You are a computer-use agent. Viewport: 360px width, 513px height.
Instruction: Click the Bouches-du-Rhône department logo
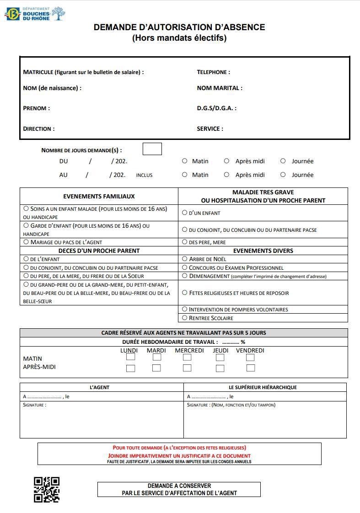point(35,14)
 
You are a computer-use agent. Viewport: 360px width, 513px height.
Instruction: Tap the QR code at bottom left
point(47,489)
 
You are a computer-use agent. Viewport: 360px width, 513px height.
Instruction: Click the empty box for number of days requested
point(152,149)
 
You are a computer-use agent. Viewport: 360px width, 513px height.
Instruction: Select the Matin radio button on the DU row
point(185,161)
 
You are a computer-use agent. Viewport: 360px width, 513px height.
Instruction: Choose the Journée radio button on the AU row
point(283,175)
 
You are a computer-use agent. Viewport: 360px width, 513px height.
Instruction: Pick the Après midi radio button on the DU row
point(226,161)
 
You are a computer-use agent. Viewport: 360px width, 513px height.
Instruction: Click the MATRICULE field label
point(83,72)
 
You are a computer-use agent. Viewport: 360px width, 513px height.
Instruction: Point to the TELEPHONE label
point(213,72)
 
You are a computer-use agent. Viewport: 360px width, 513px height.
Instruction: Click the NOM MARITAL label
point(220,88)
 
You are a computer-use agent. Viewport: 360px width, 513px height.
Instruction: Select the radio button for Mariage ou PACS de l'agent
point(26,242)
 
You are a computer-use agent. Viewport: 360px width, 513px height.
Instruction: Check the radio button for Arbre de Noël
point(185,259)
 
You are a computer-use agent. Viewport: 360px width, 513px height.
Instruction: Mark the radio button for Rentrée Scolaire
point(185,318)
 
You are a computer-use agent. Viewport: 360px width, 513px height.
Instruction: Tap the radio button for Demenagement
point(185,276)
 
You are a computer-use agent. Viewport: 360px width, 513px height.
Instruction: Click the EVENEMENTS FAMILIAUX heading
point(99,196)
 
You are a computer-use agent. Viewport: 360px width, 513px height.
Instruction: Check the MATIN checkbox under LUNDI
point(130,357)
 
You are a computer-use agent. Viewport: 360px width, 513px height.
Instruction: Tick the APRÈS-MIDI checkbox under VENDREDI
point(250,368)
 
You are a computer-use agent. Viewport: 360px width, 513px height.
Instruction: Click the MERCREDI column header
point(189,351)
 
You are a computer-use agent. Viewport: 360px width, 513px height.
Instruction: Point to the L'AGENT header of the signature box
point(99,387)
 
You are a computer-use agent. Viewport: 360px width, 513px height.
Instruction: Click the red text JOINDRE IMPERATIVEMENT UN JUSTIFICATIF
point(179,456)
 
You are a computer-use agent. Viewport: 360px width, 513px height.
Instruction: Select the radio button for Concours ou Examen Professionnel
point(185,267)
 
